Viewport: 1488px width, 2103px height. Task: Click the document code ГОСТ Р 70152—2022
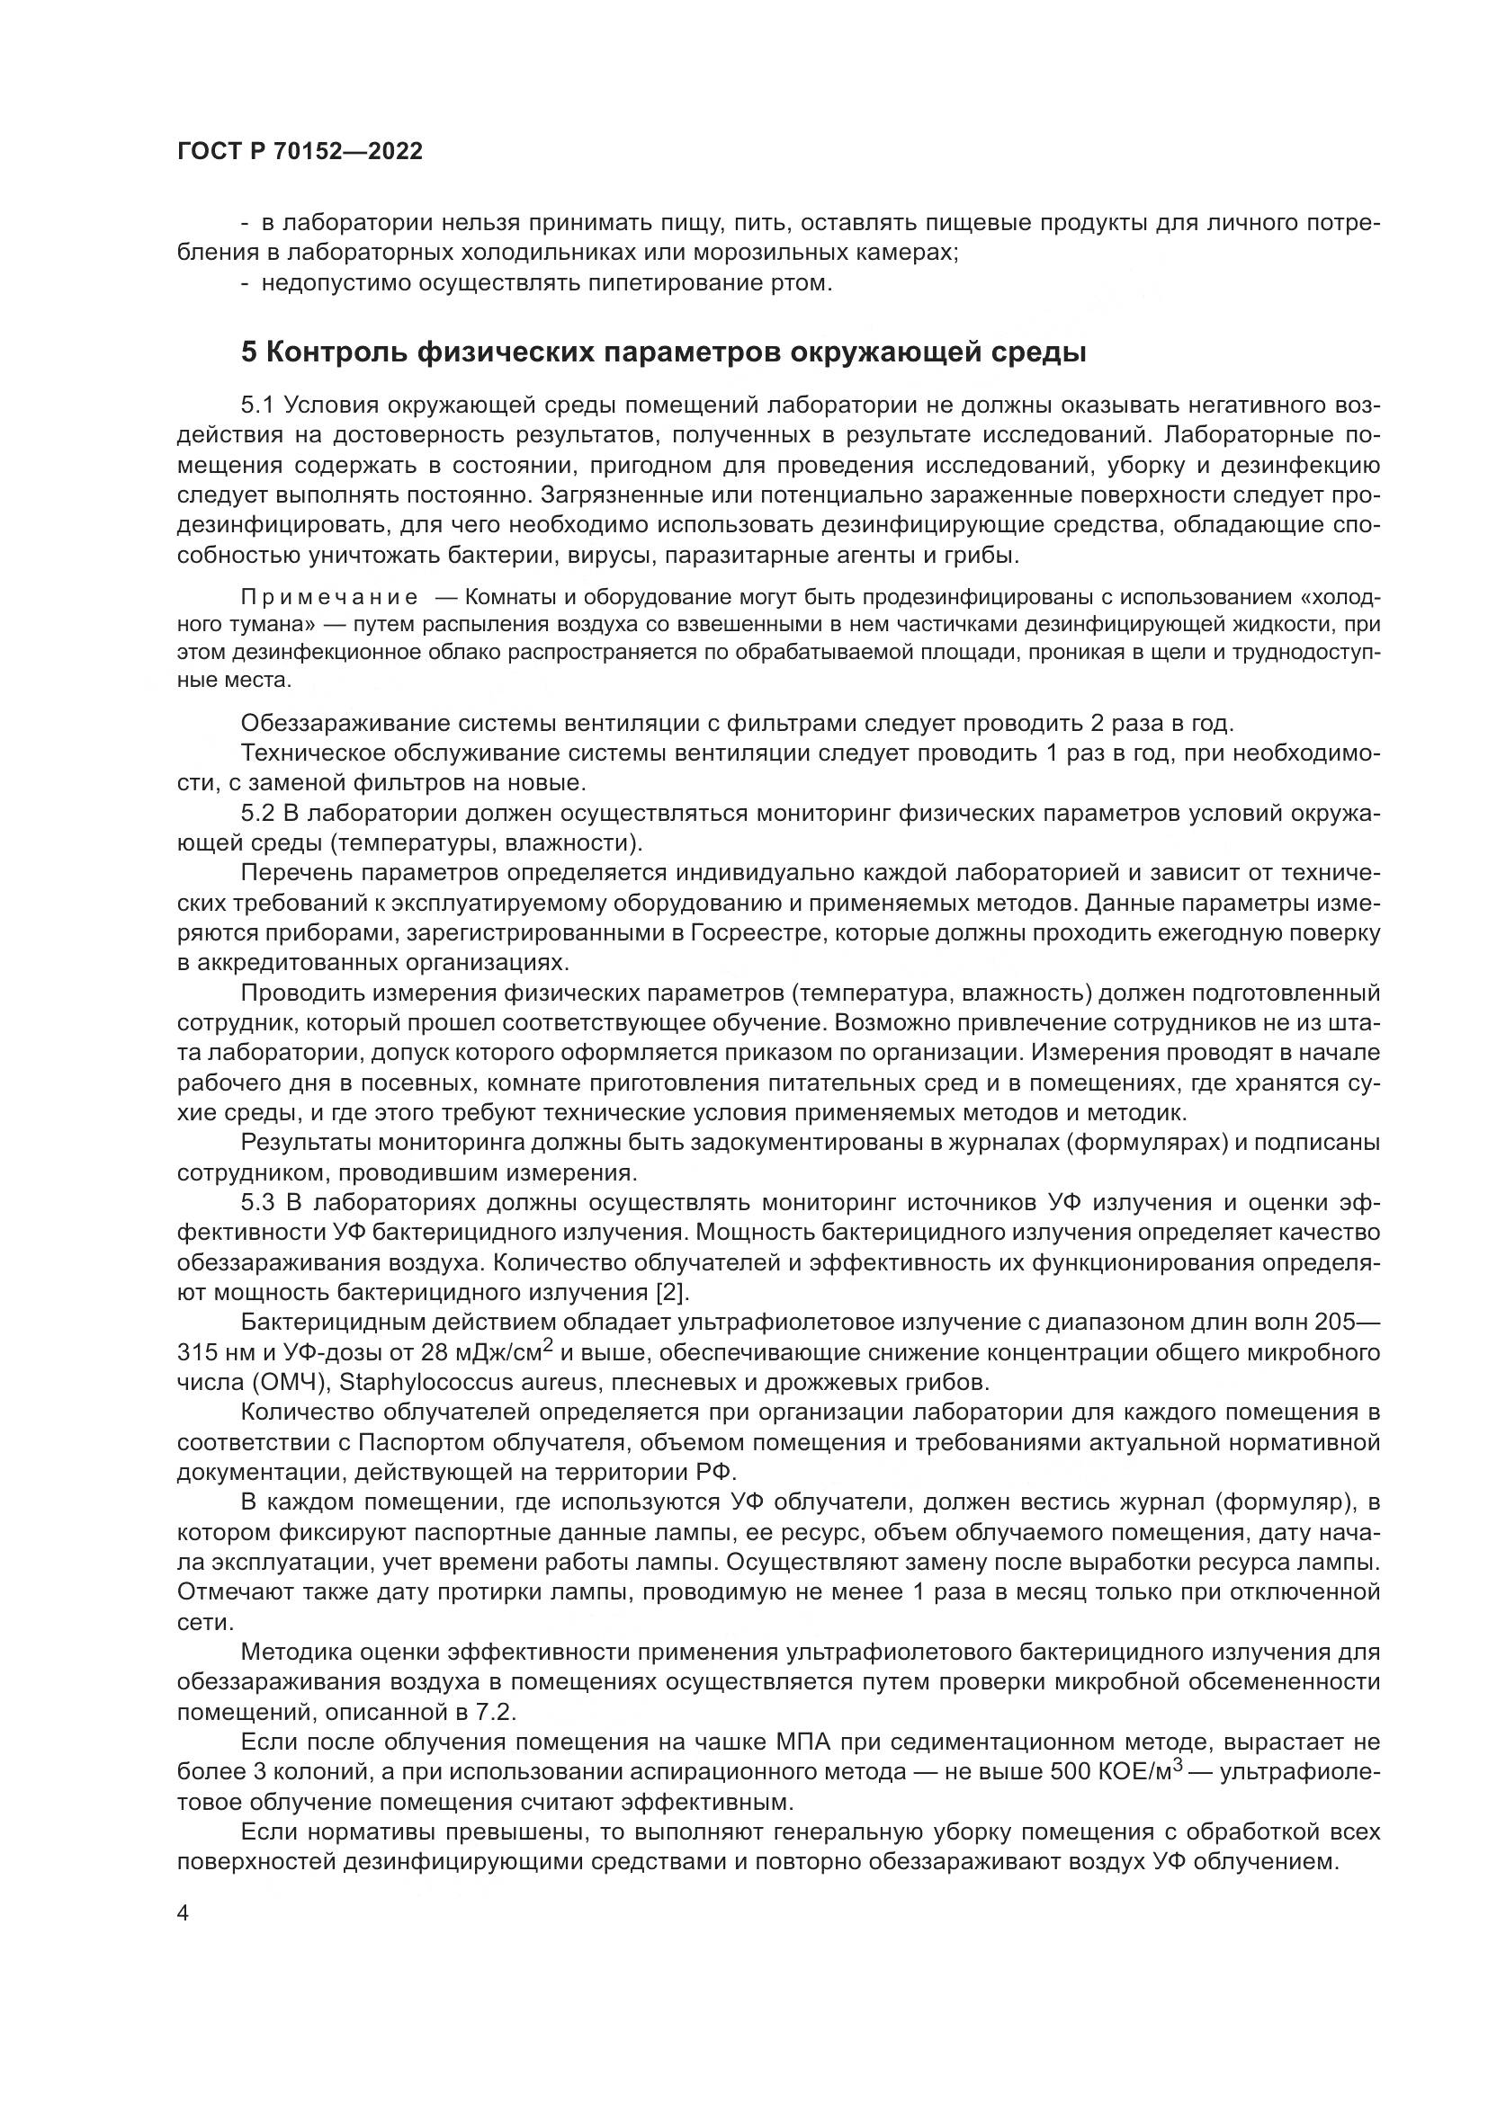tap(300, 152)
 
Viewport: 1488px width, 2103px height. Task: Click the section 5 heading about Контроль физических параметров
tap(663, 352)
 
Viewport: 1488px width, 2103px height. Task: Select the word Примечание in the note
tap(329, 598)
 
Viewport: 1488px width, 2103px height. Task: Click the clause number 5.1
tap(259, 405)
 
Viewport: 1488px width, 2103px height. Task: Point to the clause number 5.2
tap(259, 814)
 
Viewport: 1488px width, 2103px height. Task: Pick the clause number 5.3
tap(259, 1203)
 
